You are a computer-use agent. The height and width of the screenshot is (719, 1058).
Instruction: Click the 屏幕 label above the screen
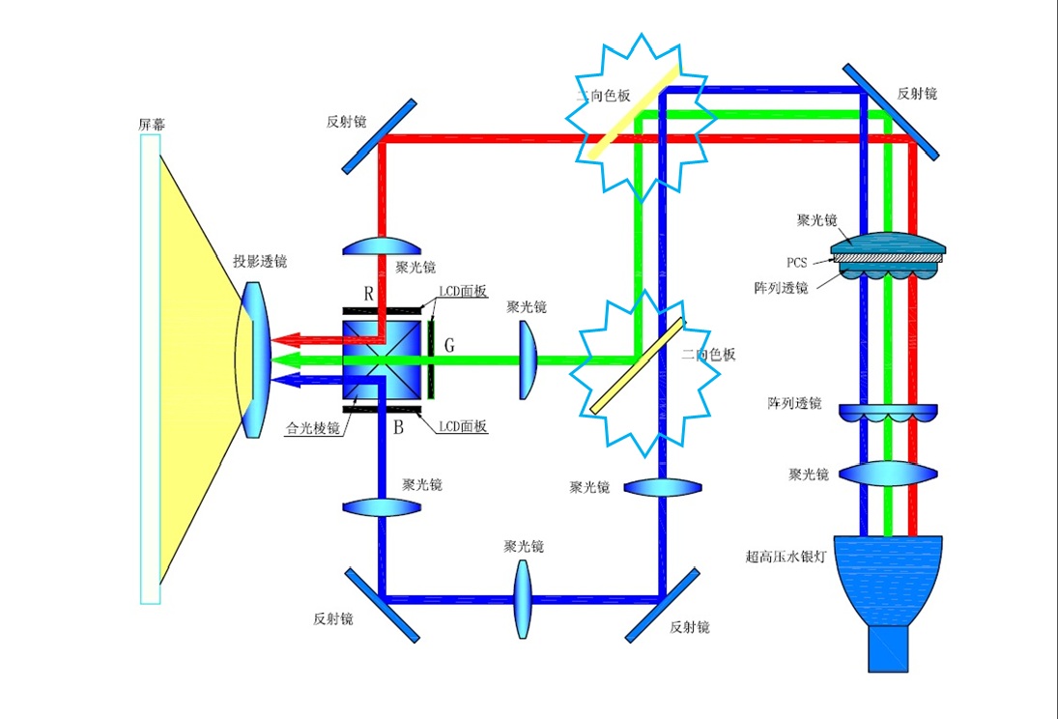(151, 125)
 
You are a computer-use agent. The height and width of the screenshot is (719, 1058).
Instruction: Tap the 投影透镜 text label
(260, 261)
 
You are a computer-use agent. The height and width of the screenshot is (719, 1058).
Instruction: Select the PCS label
(797, 263)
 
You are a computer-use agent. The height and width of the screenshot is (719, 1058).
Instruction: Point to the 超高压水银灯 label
(786, 557)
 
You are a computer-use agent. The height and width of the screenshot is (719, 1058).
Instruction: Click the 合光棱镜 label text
(312, 428)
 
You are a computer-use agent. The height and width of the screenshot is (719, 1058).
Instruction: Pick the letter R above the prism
(368, 294)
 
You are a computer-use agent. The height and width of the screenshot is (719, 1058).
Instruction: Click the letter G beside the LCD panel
(449, 346)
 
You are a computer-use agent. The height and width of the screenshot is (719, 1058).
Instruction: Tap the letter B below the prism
(398, 427)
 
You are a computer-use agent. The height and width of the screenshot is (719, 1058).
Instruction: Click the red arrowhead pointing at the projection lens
(286, 339)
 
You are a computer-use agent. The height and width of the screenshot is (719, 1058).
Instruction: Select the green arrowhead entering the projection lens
(286, 359)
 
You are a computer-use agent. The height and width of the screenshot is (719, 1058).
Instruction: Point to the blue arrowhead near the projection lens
(286, 380)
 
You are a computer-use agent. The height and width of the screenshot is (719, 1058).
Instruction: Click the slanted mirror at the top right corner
(891, 112)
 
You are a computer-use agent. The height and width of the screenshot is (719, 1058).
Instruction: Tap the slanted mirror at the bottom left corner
(382, 606)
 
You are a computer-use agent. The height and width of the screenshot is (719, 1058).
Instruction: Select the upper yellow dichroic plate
(633, 111)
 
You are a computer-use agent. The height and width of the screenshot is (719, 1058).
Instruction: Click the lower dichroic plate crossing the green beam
(638, 366)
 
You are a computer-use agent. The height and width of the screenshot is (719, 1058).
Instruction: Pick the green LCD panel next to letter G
(431, 359)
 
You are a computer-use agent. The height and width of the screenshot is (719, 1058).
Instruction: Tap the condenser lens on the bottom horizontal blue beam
(523, 599)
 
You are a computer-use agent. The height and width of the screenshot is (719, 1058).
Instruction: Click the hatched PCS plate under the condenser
(888, 258)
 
